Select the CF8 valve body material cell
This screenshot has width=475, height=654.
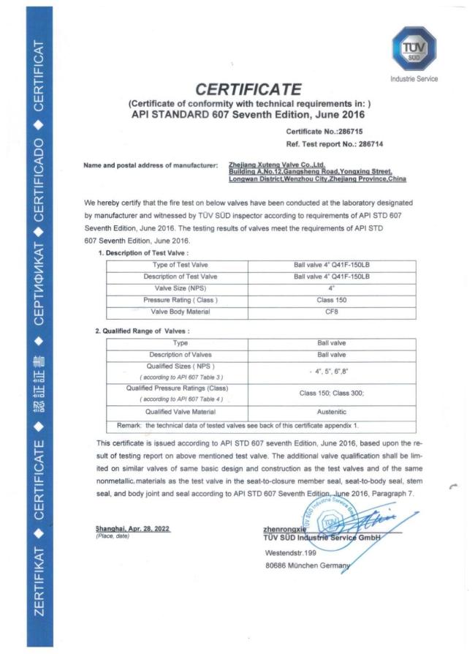332,312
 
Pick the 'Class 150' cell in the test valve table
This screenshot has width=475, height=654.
332,301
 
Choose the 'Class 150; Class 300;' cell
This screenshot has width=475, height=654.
332,393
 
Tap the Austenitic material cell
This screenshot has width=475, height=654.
332,412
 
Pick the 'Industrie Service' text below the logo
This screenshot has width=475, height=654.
414,79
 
